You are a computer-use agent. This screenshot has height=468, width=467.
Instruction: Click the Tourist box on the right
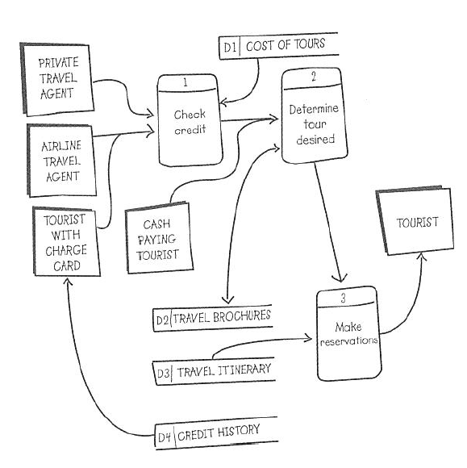(x=417, y=223)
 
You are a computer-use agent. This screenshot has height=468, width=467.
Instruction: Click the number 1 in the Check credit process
(x=186, y=82)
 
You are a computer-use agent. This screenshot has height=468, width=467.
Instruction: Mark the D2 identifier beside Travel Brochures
(x=161, y=319)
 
